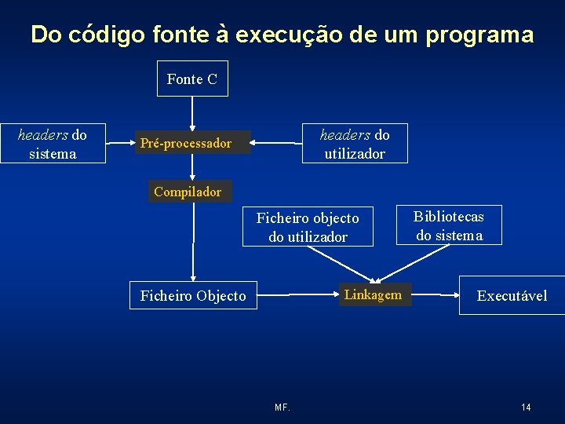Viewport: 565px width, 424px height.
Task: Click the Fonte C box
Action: (192, 79)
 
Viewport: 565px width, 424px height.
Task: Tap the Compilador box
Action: (188, 192)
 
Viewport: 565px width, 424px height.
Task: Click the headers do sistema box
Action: (53, 144)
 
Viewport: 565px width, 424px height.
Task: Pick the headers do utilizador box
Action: (355, 144)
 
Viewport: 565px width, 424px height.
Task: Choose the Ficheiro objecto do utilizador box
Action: (308, 227)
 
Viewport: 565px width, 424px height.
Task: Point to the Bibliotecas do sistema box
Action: (449, 225)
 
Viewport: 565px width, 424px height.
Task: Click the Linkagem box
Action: (373, 295)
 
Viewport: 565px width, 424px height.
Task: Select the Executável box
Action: (512, 295)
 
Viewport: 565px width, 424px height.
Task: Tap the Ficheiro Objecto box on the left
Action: (193, 295)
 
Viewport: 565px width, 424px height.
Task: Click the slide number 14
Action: (526, 407)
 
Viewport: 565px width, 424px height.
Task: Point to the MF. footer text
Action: (282, 408)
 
